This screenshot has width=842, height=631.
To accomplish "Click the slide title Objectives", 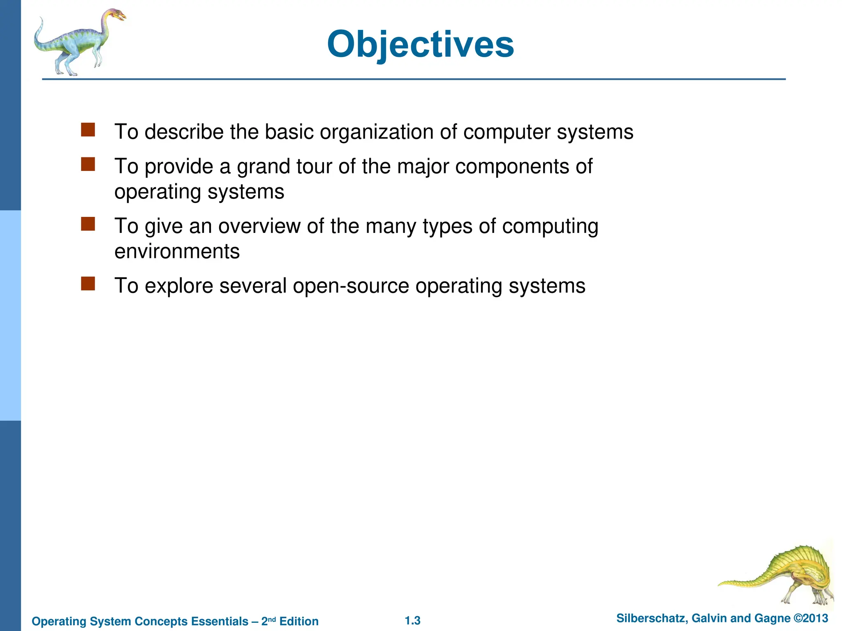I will click(x=420, y=44).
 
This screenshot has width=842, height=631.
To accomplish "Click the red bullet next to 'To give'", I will click(x=88, y=224).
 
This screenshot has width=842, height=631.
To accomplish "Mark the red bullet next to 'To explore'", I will click(x=88, y=283).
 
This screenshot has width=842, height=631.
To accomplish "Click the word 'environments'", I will click(x=177, y=251).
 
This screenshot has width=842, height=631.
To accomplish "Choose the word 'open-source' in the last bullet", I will click(x=351, y=286).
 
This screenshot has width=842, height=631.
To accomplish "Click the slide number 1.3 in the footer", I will click(x=412, y=620).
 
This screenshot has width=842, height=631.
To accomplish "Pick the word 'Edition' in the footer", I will click(x=299, y=621).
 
